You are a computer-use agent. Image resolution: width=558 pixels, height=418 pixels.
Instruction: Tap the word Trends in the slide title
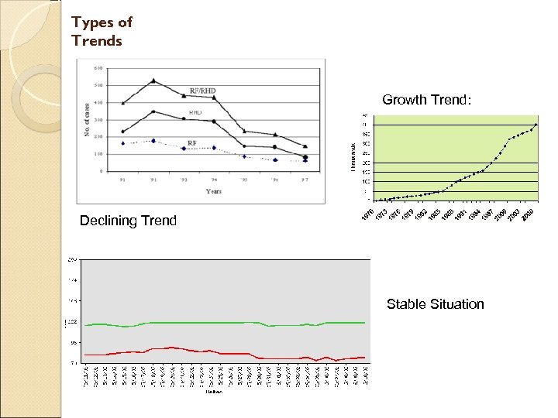97,40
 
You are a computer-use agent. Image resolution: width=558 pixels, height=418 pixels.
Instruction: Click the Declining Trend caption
128,221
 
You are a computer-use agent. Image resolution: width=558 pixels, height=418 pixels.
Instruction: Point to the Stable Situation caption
435,304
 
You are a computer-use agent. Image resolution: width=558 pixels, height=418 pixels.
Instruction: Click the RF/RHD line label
202,91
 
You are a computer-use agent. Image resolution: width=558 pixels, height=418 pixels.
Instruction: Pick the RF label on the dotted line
192,143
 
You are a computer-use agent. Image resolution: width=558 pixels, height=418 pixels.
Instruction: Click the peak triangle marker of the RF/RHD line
153,81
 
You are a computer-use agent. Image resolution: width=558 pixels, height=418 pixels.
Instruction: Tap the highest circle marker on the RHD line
153,111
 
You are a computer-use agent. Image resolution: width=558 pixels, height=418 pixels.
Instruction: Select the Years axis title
214,190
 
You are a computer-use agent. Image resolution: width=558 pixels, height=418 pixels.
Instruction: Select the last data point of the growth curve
536,125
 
